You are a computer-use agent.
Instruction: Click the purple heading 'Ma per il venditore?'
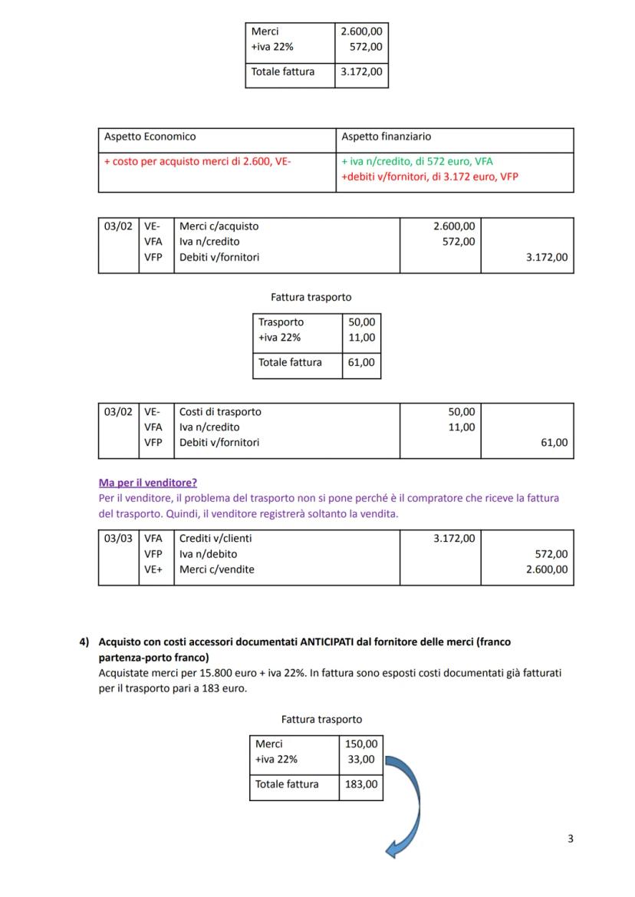(147, 483)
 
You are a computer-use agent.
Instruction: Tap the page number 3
(570, 838)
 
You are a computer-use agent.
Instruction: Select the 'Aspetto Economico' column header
(150, 137)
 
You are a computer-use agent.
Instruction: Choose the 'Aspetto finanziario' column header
(386, 137)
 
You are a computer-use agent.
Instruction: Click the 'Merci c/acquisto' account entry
(219, 226)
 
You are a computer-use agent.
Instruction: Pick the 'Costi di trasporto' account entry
(220, 412)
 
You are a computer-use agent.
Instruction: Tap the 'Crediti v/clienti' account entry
(216, 539)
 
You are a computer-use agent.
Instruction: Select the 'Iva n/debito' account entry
(208, 554)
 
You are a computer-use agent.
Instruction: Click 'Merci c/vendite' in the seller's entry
(217, 569)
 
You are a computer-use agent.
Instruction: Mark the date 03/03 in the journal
(117, 539)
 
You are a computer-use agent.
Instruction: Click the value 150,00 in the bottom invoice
(360, 744)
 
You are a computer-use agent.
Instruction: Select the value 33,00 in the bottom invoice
(363, 759)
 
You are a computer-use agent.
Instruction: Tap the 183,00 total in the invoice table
(360, 784)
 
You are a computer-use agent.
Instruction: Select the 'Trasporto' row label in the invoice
(281, 322)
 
